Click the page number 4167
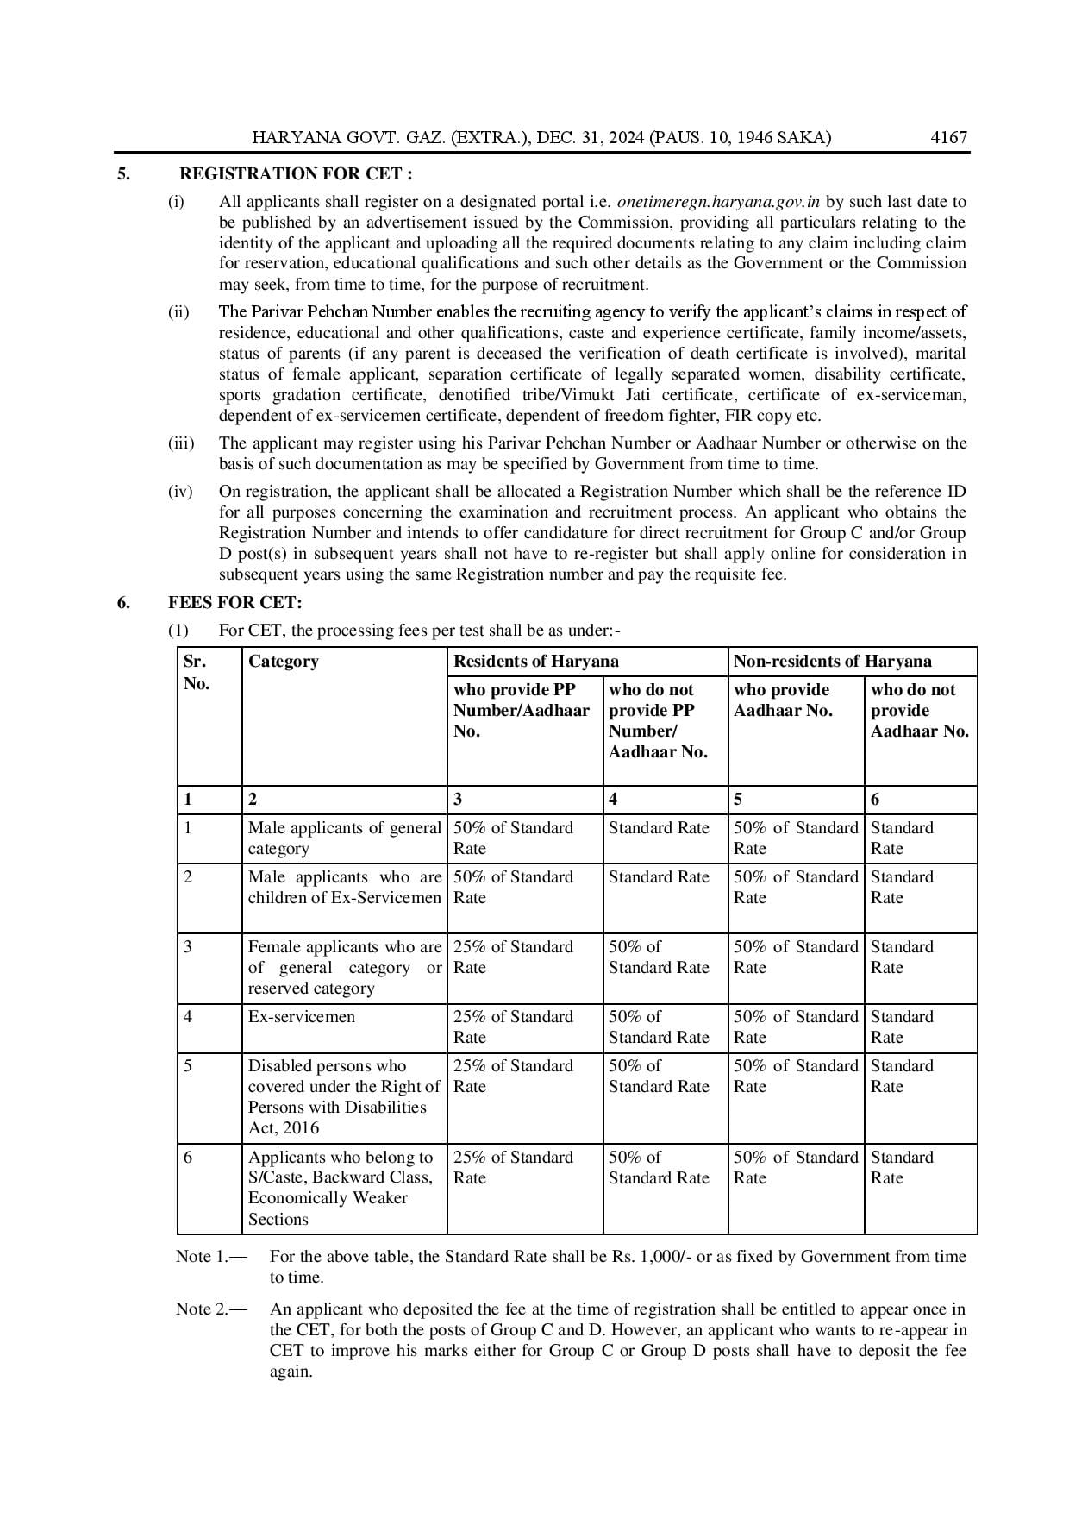pos(949,138)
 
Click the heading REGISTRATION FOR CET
pos(296,174)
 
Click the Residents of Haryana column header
pos(535,662)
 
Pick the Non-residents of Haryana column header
pos(832,662)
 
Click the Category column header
pos(283,662)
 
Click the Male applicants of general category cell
pos(344,838)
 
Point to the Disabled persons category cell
pos(344,1096)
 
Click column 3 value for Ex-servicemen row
pos(513,1026)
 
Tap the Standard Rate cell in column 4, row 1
pos(659,828)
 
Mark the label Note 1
pos(210,1257)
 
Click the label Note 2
pos(210,1309)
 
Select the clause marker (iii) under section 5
pos(180,443)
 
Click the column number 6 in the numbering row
pos(875,800)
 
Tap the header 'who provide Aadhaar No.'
pos(783,700)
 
